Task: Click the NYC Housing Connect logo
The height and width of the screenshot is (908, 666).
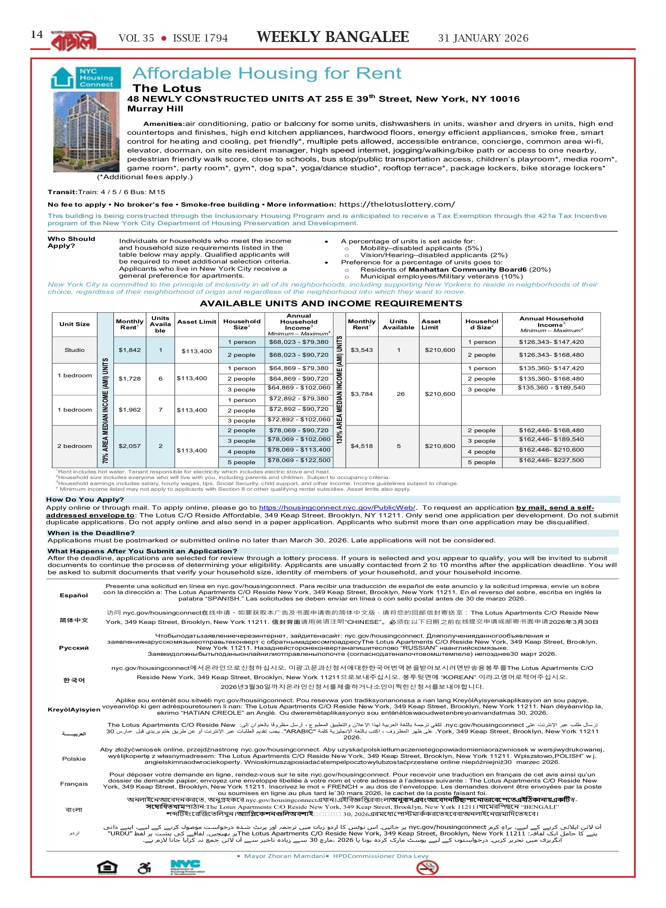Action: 86,77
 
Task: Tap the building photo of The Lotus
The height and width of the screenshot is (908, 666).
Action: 86,132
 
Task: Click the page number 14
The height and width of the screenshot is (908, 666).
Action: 37,35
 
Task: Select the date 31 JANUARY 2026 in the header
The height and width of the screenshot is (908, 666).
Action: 483,38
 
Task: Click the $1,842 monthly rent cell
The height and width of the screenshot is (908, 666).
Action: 130,350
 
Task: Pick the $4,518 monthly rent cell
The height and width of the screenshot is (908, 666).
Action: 362,446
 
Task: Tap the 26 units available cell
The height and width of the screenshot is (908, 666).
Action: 400,394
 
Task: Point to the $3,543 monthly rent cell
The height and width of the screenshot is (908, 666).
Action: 362,350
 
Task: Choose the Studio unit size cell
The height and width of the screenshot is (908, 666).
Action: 75,350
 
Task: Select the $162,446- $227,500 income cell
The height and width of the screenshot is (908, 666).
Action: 551,460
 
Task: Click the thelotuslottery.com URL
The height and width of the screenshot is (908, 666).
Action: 397,204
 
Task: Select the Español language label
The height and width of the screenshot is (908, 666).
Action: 74,595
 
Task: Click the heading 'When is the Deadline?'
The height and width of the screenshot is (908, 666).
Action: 91,533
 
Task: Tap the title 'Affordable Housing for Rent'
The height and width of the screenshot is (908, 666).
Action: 267,73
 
